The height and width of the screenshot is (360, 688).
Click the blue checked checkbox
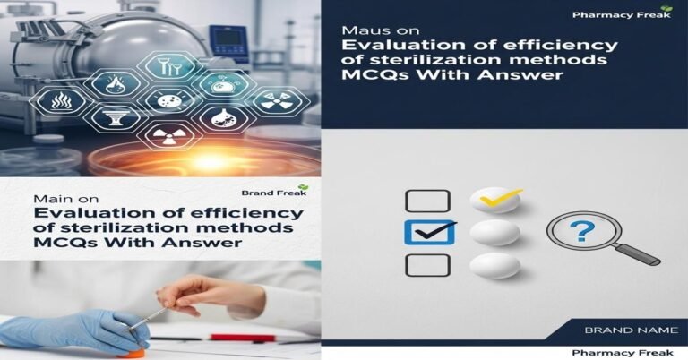424,232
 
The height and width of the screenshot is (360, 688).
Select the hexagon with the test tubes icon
168,65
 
